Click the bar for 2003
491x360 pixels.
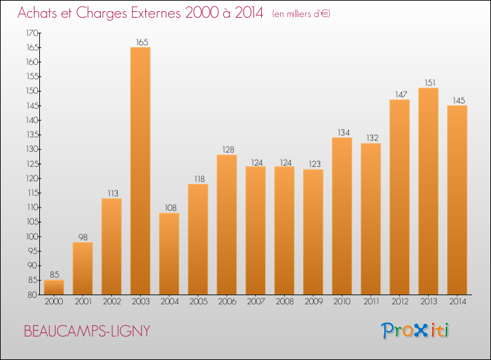pos(140,171)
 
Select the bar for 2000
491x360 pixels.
pos(54,287)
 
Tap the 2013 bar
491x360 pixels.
pos(428,191)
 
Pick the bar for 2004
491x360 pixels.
pos(169,254)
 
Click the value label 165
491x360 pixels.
pos(142,43)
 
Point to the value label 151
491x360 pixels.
pos(430,82)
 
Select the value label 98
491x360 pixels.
pos(82,238)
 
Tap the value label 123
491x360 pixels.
pos(315,164)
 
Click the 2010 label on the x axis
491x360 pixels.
pos(342,302)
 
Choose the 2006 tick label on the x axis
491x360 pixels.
pos(227,302)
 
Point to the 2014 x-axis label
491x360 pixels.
pos(458,302)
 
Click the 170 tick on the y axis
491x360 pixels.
pos(32,33)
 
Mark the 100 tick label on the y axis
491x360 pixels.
pos(32,237)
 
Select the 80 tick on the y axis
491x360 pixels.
pos(32,295)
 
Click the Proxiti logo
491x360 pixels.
pos(414,331)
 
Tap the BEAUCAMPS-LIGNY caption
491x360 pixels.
pos(87,331)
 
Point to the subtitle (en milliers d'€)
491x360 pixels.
pos(301,14)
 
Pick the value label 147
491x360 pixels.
pos(401,94)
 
